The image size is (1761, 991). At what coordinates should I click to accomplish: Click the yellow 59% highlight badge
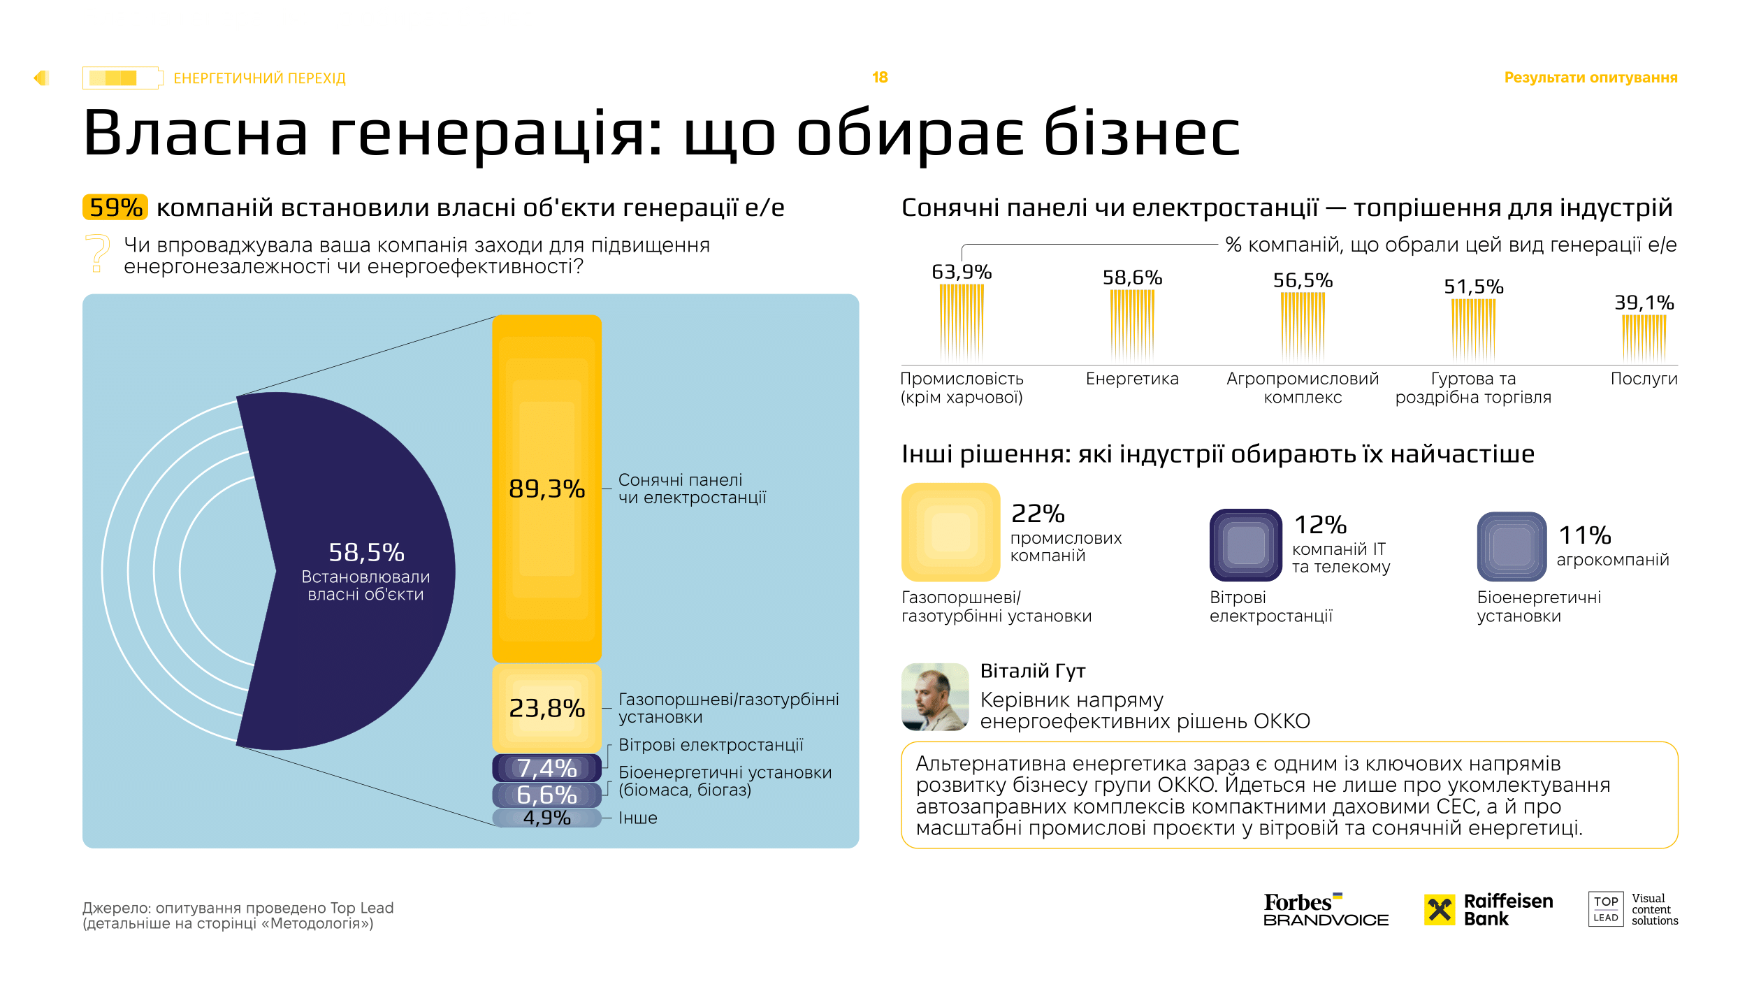115,208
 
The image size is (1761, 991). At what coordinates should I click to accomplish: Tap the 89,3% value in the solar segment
546,489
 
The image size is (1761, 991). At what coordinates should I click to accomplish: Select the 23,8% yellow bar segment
546,708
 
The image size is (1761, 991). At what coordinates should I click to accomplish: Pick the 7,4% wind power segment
546,768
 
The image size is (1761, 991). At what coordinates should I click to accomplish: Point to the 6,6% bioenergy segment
546,795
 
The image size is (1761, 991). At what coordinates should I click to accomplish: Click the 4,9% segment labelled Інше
546,818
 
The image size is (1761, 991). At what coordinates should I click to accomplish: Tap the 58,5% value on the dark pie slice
366,553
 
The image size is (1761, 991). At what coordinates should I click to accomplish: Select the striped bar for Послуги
1644,338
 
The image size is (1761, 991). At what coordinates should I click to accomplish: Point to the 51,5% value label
1473,287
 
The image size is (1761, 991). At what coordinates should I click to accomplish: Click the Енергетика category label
1132,379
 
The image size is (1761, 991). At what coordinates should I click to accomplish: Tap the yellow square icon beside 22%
950,532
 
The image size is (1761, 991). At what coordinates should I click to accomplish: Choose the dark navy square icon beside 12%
1245,545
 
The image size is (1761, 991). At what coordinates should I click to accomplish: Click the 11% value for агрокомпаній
1585,535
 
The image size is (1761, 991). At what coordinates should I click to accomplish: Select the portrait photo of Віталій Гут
935,697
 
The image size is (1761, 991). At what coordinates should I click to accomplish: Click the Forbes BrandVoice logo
1326,910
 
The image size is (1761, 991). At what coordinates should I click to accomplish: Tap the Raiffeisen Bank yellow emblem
1440,910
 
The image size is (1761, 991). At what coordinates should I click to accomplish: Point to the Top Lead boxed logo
1605,909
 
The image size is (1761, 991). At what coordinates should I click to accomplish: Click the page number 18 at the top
880,78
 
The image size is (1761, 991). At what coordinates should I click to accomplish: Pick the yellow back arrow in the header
41,78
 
